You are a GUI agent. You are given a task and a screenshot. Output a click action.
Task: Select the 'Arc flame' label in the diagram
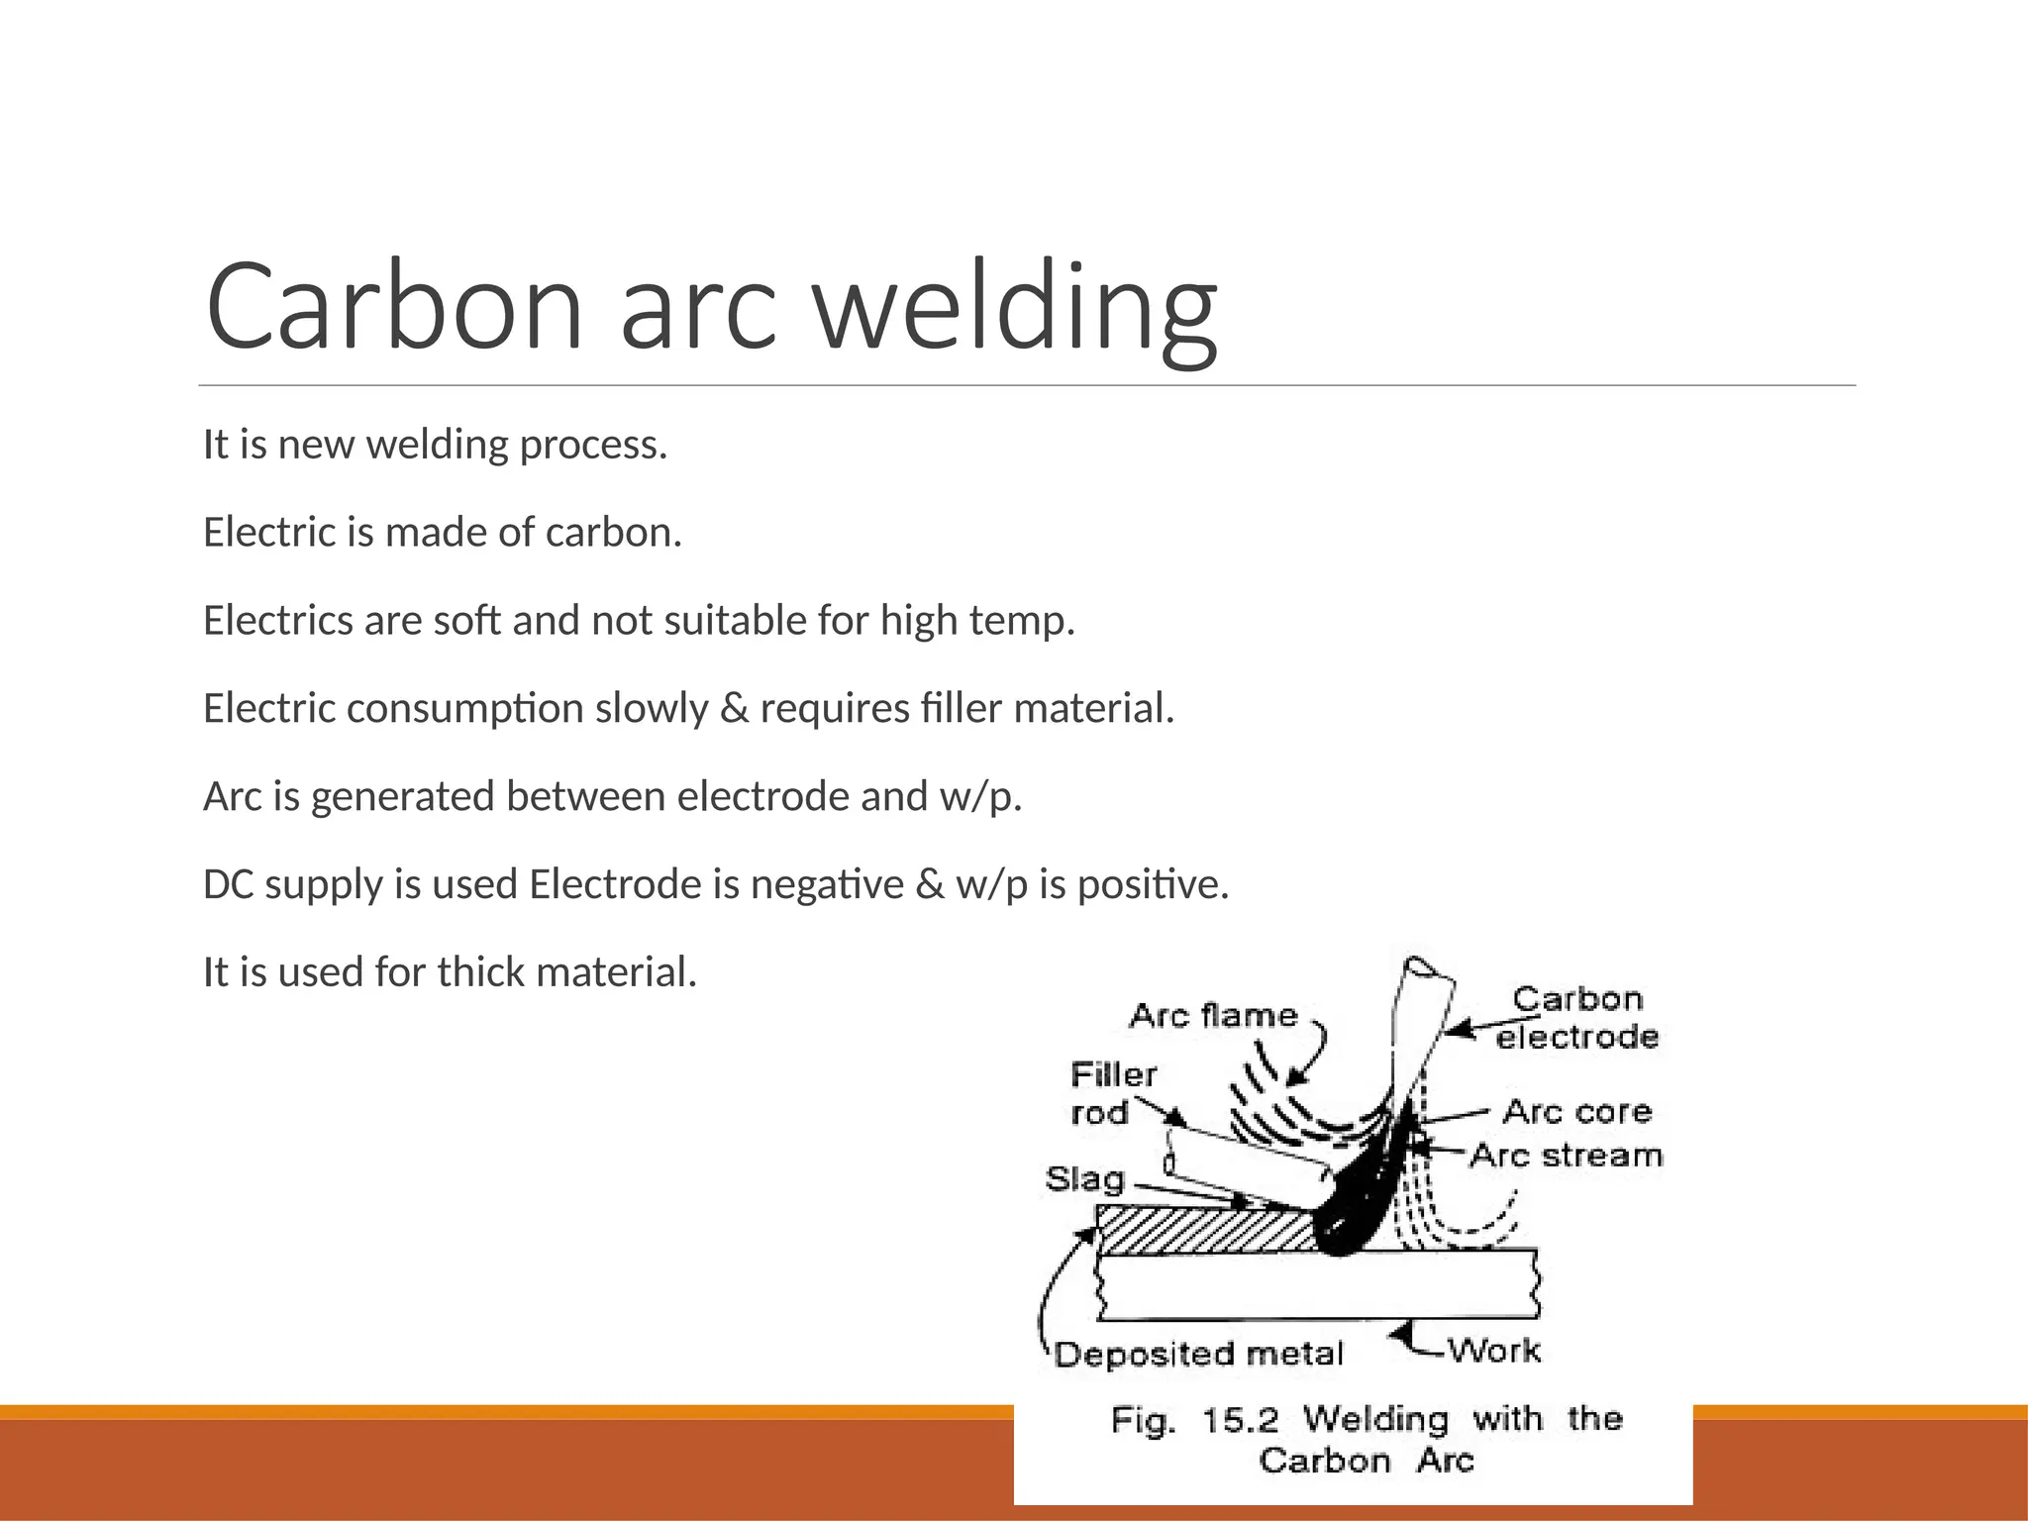[x=1213, y=1015]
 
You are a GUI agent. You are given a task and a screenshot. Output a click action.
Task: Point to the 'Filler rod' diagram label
[x=1113, y=1093]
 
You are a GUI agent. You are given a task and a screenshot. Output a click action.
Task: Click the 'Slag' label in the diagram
[x=1085, y=1179]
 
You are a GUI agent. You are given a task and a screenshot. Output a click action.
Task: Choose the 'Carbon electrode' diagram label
[x=1576, y=1017]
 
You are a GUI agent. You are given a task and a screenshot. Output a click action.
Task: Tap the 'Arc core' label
[x=1577, y=1111]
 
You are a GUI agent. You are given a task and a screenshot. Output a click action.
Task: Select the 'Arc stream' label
[x=1566, y=1156]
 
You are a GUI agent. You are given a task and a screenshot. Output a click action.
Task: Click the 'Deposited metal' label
[x=1198, y=1354]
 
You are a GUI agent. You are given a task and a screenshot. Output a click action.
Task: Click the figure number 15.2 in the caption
[x=1241, y=1420]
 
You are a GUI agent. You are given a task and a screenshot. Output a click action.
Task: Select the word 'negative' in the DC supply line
[x=828, y=884]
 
